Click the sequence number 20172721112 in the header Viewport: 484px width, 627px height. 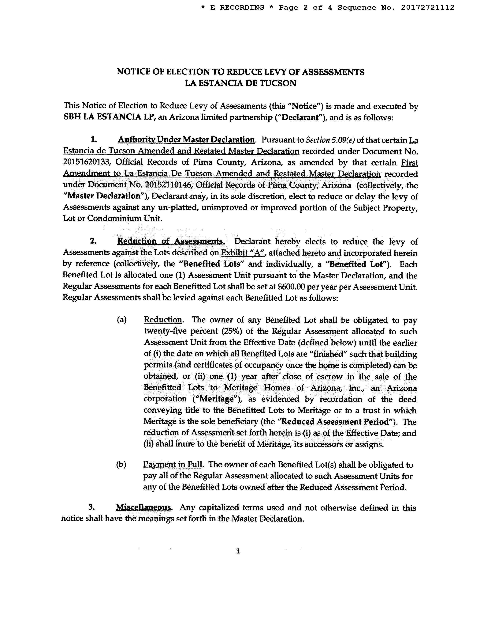click(427, 7)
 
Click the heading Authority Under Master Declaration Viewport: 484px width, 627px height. click(186, 140)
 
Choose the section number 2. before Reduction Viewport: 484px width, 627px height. click(93, 241)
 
